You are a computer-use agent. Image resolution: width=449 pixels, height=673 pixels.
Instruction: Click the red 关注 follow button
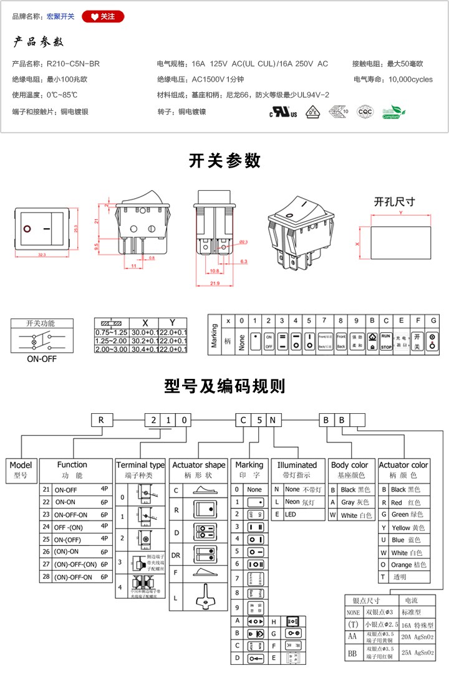[103, 16]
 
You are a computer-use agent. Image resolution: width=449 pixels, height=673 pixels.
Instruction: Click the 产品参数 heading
[39, 42]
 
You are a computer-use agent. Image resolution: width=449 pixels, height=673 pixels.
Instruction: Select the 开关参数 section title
[224, 161]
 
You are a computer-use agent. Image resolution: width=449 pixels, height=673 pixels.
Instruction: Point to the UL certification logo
[283, 113]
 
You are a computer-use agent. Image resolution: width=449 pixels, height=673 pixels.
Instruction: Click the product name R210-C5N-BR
[73, 64]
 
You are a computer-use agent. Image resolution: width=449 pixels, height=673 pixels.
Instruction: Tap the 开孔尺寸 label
[395, 202]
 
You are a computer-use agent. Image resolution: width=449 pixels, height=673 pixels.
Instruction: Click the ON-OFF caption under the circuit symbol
[41, 359]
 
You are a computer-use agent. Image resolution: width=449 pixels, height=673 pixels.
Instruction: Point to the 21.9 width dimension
[214, 284]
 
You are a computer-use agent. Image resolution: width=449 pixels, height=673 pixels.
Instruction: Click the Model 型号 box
[22, 469]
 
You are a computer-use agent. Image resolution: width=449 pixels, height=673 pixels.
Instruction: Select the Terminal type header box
[140, 469]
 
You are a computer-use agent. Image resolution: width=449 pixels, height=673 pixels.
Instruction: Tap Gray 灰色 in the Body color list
[356, 502]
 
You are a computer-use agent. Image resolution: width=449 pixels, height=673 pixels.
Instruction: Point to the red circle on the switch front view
[27, 229]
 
